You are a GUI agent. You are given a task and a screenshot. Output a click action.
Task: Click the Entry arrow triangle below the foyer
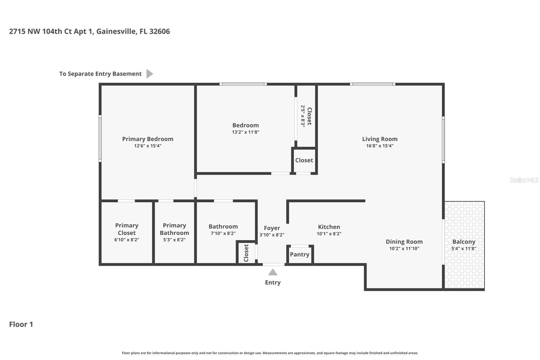pyautogui.click(x=273, y=272)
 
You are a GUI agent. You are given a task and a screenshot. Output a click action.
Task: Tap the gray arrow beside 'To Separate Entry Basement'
pyautogui.click(x=149, y=74)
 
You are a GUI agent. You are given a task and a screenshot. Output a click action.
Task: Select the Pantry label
pyautogui.click(x=299, y=254)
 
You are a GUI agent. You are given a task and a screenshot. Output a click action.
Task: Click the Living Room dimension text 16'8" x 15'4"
pyautogui.click(x=380, y=146)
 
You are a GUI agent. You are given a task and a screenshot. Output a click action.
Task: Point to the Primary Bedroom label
pyautogui.click(x=147, y=139)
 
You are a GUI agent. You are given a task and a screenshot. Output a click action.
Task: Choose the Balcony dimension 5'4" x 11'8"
pyautogui.click(x=464, y=249)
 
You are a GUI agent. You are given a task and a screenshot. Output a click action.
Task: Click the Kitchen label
pyautogui.click(x=329, y=227)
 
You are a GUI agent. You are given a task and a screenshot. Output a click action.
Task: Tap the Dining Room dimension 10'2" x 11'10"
pyautogui.click(x=404, y=249)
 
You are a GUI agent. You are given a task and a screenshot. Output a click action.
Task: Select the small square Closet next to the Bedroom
pyautogui.click(x=304, y=160)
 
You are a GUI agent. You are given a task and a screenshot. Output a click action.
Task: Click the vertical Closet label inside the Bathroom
pyautogui.click(x=246, y=253)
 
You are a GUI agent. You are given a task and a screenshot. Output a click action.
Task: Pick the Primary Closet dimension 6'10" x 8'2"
pyautogui.click(x=127, y=240)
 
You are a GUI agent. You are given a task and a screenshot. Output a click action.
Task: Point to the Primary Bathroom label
pyautogui.click(x=174, y=229)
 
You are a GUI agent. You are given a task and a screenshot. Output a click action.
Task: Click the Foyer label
pyautogui.click(x=272, y=228)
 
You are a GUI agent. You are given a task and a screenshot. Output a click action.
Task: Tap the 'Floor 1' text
pyautogui.click(x=21, y=324)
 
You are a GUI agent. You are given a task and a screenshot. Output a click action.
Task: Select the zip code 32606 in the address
pyautogui.click(x=159, y=31)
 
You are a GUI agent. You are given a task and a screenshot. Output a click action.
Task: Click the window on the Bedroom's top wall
pyautogui.click(x=243, y=84)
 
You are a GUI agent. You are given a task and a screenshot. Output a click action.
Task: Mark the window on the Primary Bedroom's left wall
pyautogui.click(x=100, y=138)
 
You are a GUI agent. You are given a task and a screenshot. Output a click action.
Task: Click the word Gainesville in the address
pyautogui.click(x=116, y=31)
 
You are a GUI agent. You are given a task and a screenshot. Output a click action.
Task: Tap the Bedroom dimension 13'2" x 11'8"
pyautogui.click(x=245, y=132)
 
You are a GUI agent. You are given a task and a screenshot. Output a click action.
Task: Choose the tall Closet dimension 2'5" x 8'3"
pyautogui.click(x=303, y=115)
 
